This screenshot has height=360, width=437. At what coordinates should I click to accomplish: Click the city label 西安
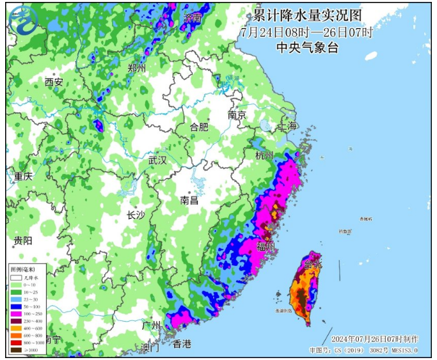(54, 82)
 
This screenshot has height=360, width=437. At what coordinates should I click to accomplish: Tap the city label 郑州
(137, 68)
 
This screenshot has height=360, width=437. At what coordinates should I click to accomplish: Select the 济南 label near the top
(192, 18)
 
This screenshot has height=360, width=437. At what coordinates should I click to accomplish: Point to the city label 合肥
(199, 127)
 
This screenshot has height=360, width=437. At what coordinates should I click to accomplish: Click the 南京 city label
(237, 115)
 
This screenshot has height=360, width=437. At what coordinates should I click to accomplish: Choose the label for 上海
(288, 126)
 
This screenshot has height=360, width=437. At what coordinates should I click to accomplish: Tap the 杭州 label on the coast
(264, 155)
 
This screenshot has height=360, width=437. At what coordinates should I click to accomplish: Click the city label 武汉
(157, 160)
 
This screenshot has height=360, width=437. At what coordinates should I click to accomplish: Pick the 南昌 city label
(189, 200)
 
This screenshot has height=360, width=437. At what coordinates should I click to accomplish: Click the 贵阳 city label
(22, 240)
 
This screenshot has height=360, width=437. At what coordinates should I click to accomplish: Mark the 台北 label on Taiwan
(313, 263)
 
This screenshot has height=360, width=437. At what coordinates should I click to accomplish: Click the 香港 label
(182, 344)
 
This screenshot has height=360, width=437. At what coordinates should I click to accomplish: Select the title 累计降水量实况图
(307, 15)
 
